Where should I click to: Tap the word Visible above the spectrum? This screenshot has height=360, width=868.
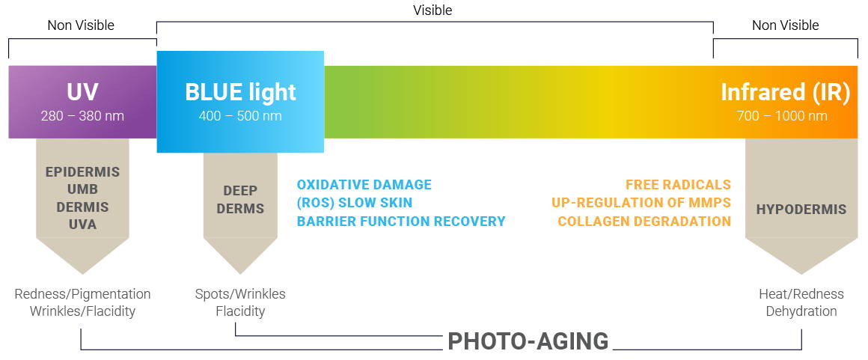[433, 10]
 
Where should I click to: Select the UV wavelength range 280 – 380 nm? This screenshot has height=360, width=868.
[82, 116]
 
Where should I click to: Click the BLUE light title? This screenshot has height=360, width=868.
[240, 93]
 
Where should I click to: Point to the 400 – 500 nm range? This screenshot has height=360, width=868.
[240, 116]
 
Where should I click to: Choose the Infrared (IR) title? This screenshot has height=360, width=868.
[785, 93]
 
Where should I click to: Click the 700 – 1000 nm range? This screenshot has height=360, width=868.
[782, 116]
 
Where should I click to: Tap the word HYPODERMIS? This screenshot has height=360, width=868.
[801, 210]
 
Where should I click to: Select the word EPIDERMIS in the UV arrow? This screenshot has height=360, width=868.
[82, 171]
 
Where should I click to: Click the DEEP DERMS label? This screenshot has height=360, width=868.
[240, 199]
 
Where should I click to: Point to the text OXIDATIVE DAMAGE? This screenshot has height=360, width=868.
[364, 185]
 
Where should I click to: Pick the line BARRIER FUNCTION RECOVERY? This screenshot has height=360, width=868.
[401, 222]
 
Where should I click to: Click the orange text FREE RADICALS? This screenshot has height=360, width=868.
[678, 185]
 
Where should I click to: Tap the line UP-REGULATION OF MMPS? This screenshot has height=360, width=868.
[641, 204]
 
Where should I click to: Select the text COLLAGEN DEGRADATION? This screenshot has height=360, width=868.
[644, 222]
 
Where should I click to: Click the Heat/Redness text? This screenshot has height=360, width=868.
[801, 294]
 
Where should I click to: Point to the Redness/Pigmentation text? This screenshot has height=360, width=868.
[82, 294]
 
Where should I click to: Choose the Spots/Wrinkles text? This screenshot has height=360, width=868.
[240, 294]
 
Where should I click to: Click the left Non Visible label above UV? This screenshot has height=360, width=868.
[81, 25]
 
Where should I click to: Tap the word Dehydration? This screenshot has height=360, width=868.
[801, 311]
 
